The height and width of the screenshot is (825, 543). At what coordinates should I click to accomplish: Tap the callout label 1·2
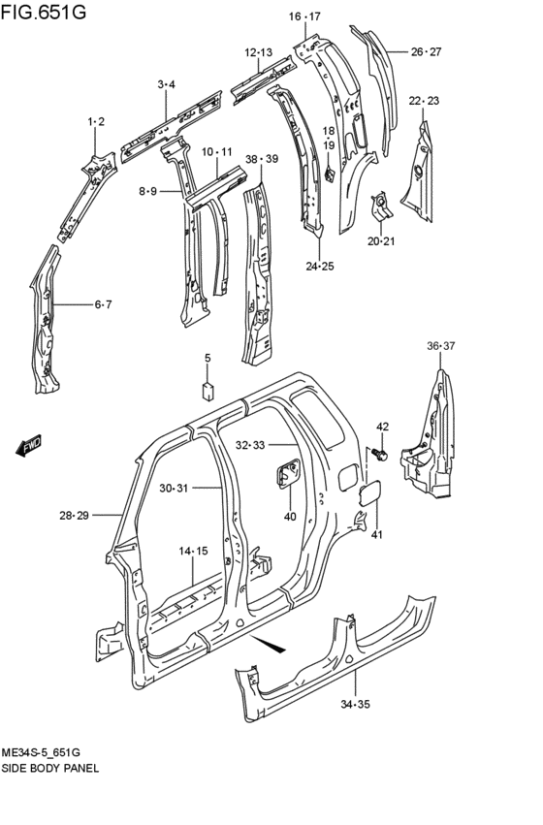tap(96, 121)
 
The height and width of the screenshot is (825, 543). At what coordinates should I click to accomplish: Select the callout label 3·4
tap(166, 85)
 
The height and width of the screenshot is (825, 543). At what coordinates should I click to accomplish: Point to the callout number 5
tap(207, 359)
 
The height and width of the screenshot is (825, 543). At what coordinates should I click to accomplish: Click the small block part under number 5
tap(207, 390)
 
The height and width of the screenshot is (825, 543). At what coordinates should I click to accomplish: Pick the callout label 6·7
tap(103, 304)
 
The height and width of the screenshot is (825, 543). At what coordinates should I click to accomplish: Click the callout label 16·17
tap(304, 16)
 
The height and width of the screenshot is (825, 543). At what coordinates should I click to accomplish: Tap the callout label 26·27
tap(426, 51)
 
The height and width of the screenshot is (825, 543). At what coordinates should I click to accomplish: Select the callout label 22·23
tap(424, 101)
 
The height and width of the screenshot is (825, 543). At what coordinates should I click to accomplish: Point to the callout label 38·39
tap(261, 159)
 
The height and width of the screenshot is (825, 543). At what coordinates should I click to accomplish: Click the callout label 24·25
tap(319, 266)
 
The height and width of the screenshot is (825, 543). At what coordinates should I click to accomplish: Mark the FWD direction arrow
tap(28, 445)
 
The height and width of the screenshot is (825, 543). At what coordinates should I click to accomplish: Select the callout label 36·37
tap(439, 346)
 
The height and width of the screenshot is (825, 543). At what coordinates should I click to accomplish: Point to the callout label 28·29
tap(74, 515)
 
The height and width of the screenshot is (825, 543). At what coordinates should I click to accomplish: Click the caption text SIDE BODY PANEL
tap(50, 767)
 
